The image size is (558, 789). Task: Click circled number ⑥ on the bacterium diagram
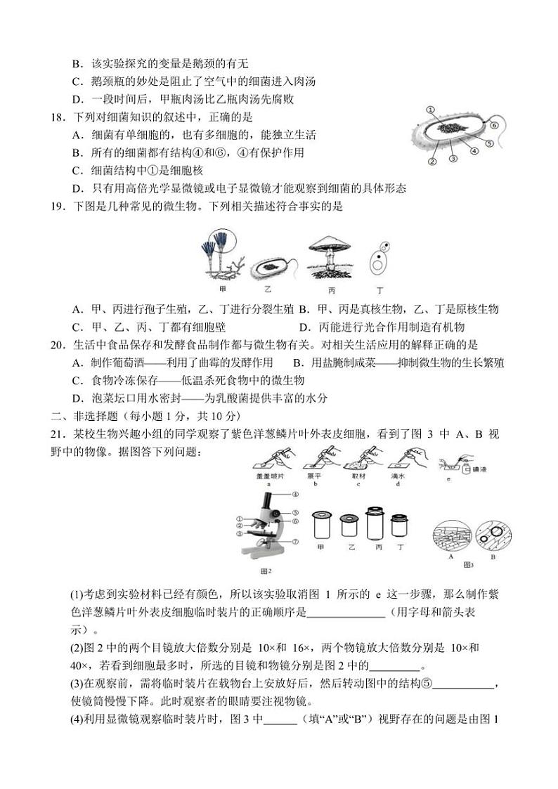tap(494, 126)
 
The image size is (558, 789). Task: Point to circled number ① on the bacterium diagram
tap(430, 110)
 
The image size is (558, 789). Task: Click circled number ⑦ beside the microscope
tap(296, 542)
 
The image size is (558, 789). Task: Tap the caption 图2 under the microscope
tap(266, 570)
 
